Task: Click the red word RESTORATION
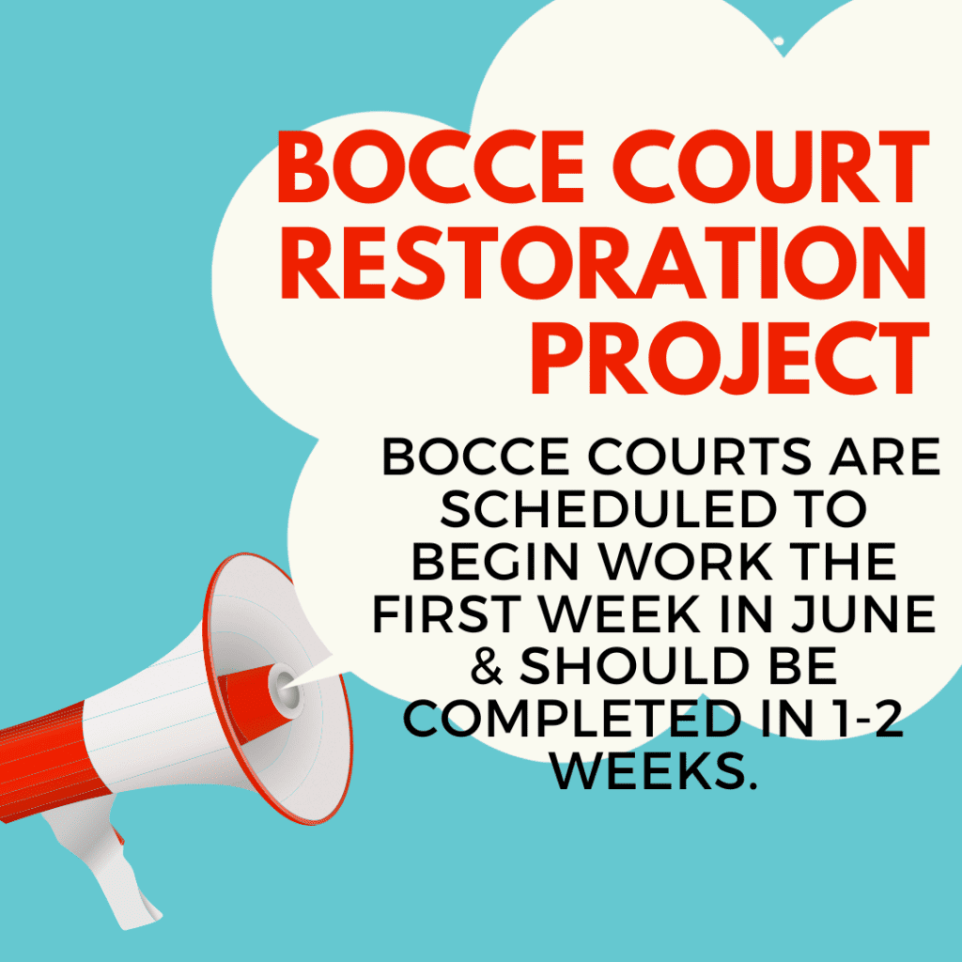(x=604, y=263)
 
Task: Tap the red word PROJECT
(x=731, y=359)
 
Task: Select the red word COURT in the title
(x=771, y=167)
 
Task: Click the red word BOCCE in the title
(x=430, y=167)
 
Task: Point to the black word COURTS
(x=700, y=457)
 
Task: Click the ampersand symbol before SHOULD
(x=488, y=666)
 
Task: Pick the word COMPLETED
(x=571, y=718)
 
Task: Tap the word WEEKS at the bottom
(x=653, y=770)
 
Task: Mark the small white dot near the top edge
(x=779, y=41)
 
